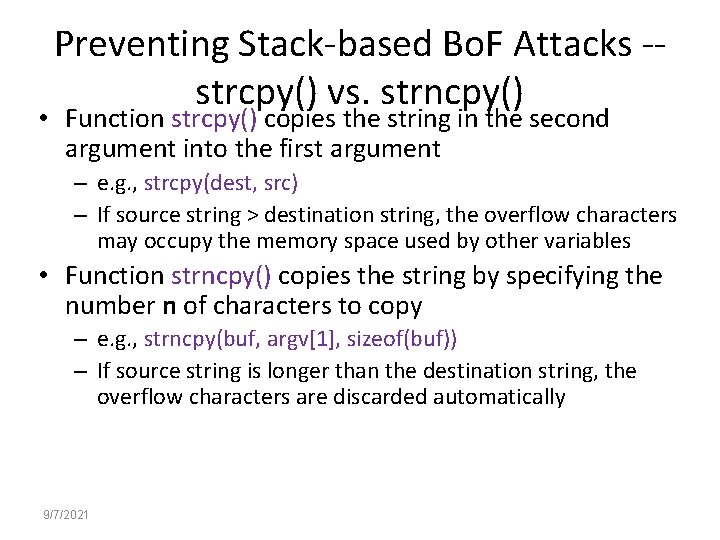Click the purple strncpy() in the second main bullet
tap(222, 276)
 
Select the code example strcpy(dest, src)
tap(221, 184)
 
